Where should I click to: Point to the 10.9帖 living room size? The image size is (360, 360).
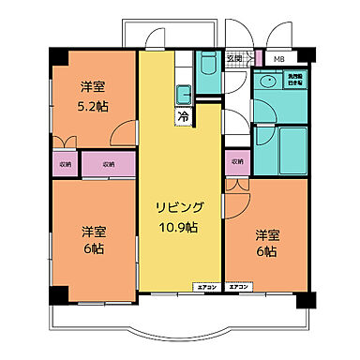coord(177,228)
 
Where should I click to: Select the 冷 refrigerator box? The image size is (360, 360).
coord(183,117)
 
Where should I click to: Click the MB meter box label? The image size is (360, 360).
coord(279,60)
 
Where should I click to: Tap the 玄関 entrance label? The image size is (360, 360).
coord(234,60)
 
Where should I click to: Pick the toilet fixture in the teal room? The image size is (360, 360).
coord(207,67)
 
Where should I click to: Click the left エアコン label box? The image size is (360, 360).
coord(206,285)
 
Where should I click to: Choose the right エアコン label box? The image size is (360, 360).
coord(240,285)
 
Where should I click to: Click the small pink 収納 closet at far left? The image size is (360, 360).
coord(65,164)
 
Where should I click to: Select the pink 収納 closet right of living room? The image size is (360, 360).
coord(235,162)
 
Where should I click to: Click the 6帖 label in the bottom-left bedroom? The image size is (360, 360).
coord(92,250)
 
